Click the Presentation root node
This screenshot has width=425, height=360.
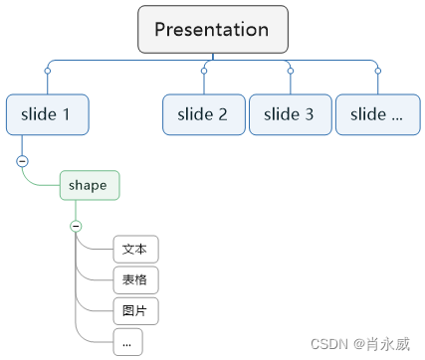(x=212, y=29)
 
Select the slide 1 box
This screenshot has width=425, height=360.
(x=47, y=114)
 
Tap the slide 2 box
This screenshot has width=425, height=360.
(x=203, y=114)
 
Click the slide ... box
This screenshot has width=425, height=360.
(x=376, y=114)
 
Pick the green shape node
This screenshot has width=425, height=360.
(x=90, y=185)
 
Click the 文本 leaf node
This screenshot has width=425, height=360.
(x=135, y=249)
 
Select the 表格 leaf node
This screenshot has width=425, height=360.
(x=135, y=279)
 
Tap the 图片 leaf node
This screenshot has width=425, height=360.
(x=135, y=310)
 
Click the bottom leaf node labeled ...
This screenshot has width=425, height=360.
(x=127, y=341)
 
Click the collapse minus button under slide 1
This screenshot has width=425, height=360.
(x=22, y=161)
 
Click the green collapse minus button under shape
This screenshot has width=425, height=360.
(x=76, y=226)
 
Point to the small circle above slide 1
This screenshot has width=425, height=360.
(x=47, y=71)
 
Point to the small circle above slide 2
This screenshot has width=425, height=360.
(x=204, y=71)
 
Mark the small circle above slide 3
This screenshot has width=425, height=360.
(x=290, y=71)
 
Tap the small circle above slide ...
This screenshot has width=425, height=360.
(x=377, y=71)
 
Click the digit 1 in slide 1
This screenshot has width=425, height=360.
(x=66, y=114)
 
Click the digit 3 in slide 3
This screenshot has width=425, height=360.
(x=309, y=114)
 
